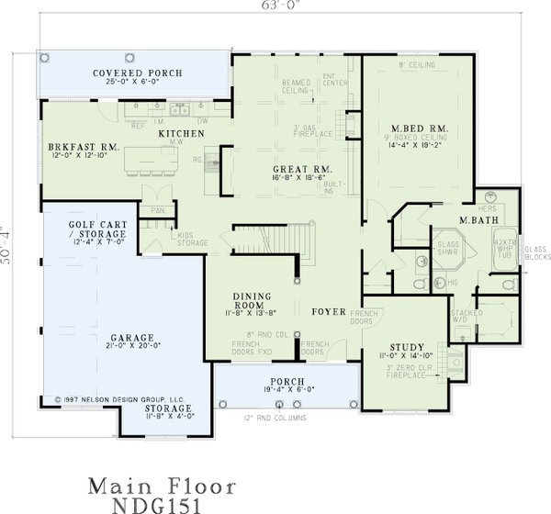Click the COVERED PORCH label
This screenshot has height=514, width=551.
138,73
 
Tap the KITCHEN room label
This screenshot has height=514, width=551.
181,134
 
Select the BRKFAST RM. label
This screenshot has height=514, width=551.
84,147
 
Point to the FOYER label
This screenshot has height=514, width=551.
329,312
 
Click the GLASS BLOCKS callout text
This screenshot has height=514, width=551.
534,253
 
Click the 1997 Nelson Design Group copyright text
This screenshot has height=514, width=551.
119,399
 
